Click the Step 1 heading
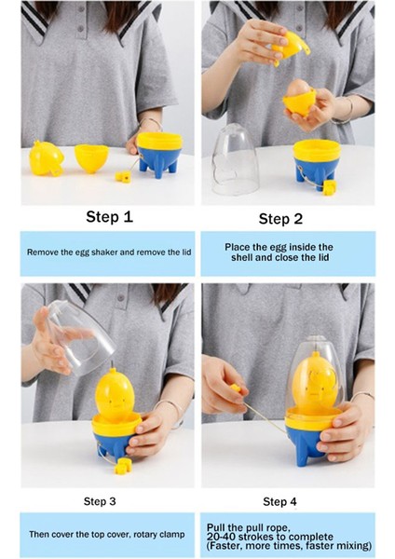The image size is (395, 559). [x=109, y=217]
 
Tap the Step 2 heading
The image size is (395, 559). [x=280, y=219]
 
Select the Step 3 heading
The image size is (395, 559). [x=100, y=501]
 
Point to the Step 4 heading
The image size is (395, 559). [x=279, y=501]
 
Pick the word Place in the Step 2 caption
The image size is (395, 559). [x=238, y=247]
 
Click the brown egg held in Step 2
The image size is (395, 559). [x=299, y=88]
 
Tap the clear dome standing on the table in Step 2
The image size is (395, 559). [x=235, y=159]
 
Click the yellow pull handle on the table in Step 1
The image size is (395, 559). [x=123, y=176]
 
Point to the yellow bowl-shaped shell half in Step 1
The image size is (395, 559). [x=91, y=158]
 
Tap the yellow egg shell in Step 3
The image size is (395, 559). [x=115, y=395]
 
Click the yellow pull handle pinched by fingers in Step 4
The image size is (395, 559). [x=236, y=389]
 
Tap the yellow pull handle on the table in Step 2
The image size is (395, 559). [x=329, y=185]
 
